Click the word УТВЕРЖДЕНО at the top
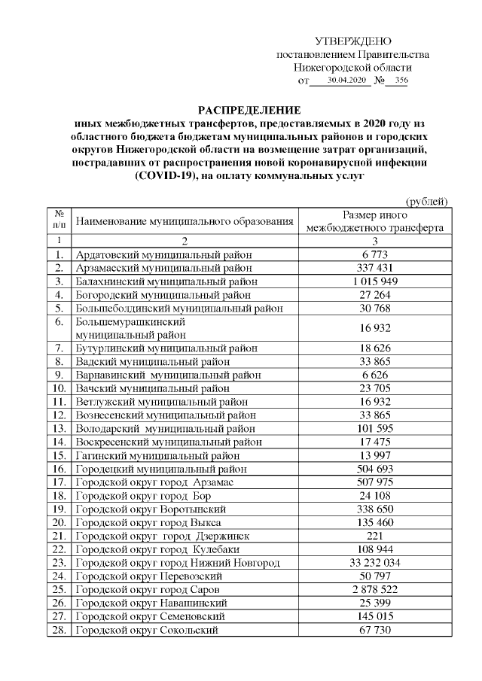pos(352,41)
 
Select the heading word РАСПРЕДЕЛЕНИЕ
pos(249,110)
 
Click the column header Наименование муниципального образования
pos(185,221)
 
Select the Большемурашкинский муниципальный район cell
pos(135,328)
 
